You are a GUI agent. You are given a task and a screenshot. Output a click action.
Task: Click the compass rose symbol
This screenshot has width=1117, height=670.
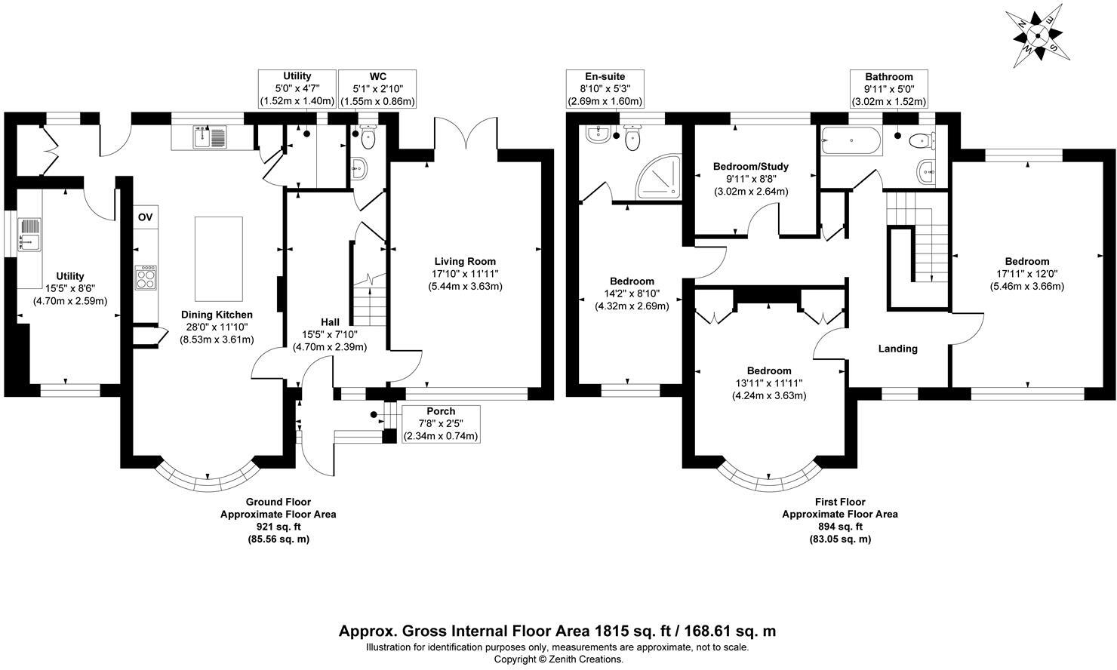[x=1037, y=34]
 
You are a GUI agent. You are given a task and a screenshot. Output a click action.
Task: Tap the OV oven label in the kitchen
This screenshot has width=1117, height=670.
[x=146, y=217]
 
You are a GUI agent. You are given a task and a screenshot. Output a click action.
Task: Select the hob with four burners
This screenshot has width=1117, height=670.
[x=146, y=278]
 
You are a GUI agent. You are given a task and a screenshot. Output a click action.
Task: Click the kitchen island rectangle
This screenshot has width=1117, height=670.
[x=219, y=258]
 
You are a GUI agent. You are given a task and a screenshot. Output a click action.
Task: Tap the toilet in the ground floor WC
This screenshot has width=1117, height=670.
[x=368, y=138]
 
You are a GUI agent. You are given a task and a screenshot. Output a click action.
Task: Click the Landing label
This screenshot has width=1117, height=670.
[x=897, y=349]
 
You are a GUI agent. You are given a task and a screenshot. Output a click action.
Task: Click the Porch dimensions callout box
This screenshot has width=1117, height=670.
[x=441, y=424]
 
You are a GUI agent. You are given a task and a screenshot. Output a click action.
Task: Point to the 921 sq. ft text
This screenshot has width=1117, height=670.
[x=278, y=527]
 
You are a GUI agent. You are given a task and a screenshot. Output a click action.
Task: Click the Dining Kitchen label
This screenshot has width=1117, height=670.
[x=217, y=315]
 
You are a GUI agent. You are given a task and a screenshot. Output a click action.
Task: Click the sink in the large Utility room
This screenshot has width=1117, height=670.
[x=30, y=235]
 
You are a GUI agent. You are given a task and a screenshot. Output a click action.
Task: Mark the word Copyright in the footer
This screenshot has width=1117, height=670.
[x=515, y=659]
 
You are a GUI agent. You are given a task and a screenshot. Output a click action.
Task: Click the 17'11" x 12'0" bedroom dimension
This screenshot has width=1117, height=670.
[x=1026, y=274]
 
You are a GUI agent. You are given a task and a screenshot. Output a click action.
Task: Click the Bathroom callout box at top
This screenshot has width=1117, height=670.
[x=888, y=89]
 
